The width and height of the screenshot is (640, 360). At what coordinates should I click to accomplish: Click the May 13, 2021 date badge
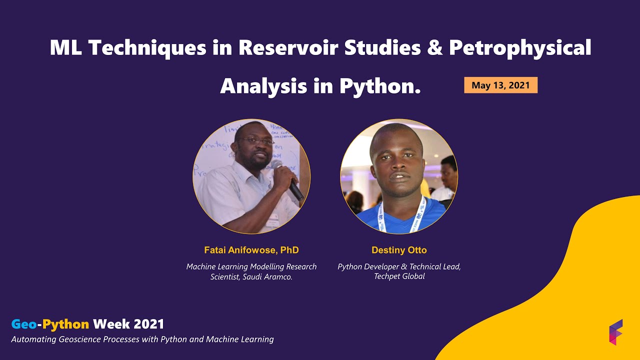[500, 85]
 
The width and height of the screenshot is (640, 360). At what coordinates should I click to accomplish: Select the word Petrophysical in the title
[520, 48]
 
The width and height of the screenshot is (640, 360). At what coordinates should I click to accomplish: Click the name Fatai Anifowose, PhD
[251, 250]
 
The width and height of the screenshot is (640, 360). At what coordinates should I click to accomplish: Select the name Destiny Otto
[399, 250]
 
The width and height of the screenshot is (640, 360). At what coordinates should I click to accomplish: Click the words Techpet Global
[399, 276]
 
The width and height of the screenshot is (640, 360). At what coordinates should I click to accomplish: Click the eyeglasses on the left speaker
[256, 141]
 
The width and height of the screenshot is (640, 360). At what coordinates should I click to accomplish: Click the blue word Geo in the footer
[23, 324]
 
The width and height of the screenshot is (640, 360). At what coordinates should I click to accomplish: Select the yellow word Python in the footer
[66, 324]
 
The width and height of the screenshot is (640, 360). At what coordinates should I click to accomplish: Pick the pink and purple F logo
[615, 332]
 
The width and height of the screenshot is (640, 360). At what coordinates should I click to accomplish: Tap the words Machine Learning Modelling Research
[251, 267]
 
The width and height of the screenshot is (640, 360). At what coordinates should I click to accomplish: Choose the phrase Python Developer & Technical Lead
[399, 267]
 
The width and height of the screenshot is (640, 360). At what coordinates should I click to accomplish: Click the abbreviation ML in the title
[66, 48]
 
